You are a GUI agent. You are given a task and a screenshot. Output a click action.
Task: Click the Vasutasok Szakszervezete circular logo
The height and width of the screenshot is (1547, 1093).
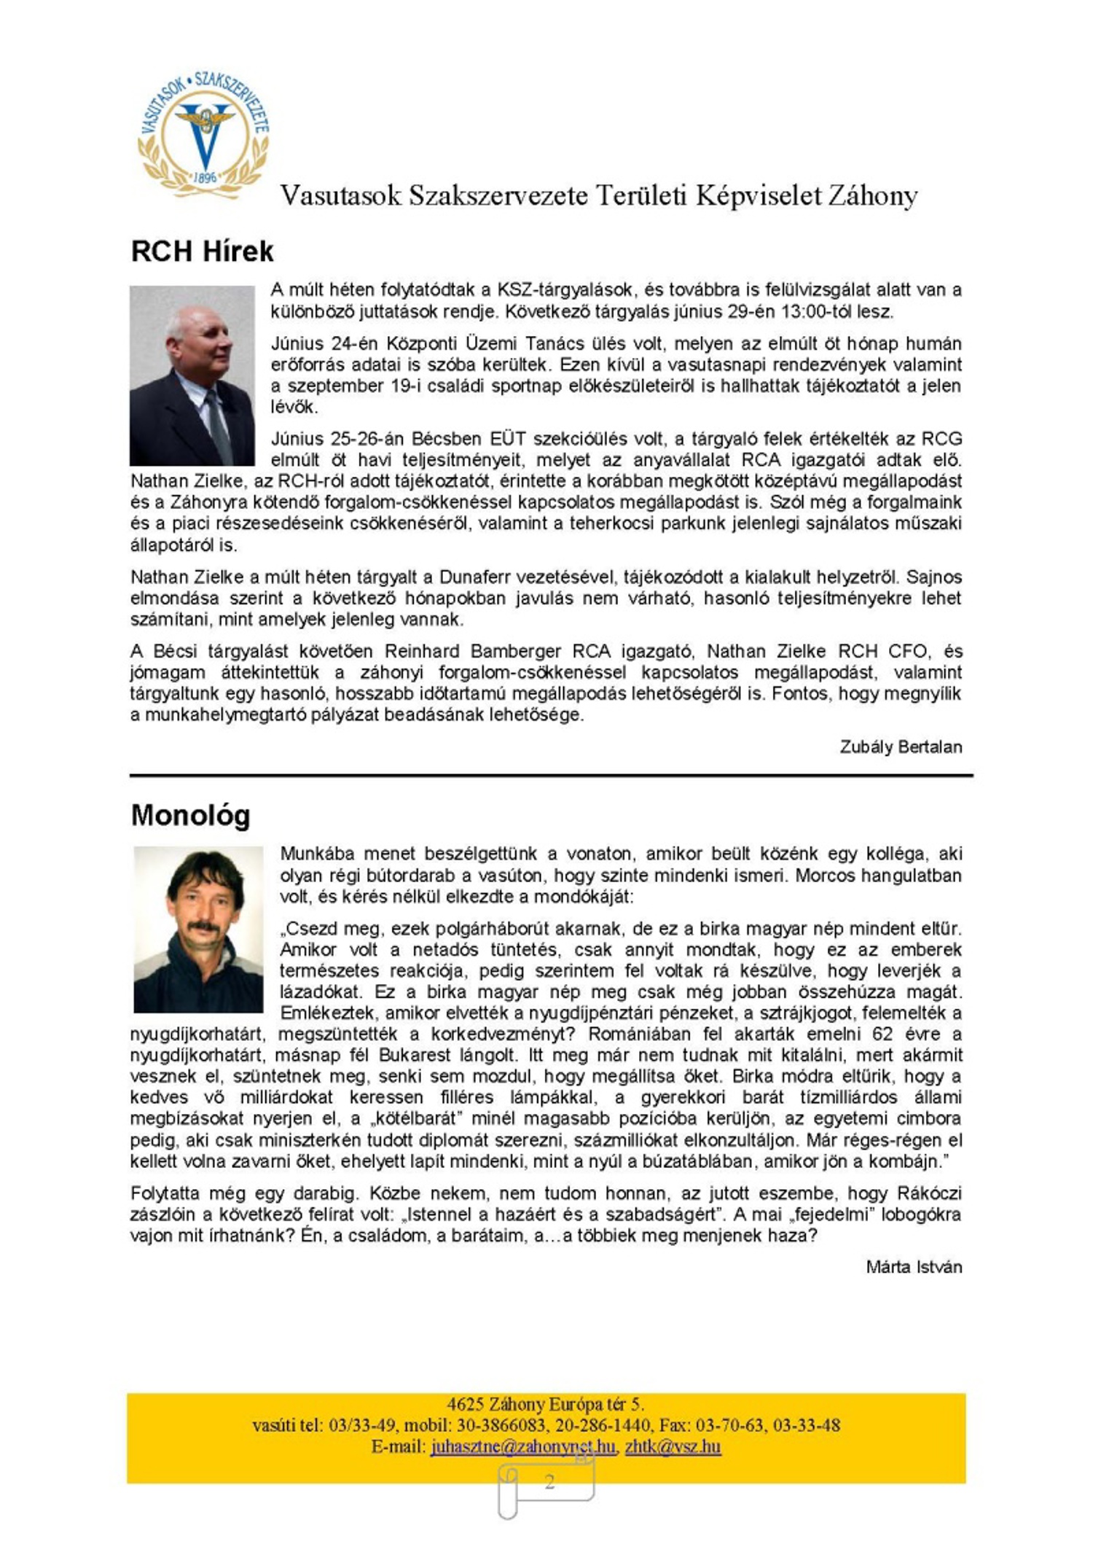pyautogui.click(x=203, y=134)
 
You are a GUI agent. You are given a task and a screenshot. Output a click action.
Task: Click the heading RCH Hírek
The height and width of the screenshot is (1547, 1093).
pyautogui.click(x=202, y=252)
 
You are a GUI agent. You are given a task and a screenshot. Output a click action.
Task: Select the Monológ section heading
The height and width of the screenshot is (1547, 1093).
pyautogui.click(x=190, y=815)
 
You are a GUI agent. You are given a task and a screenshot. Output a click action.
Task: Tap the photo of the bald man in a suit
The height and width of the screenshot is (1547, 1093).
pyautogui.click(x=192, y=375)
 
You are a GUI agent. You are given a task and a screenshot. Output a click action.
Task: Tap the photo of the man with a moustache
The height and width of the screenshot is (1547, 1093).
pyautogui.click(x=198, y=930)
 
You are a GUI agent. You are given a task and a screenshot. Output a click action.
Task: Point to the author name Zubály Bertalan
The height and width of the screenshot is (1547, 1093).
pyautogui.click(x=901, y=747)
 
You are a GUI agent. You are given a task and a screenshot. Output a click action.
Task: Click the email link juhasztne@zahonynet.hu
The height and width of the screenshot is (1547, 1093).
pyautogui.click(x=522, y=1446)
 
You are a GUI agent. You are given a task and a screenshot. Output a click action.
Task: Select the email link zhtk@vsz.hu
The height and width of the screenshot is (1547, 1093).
pyautogui.click(x=673, y=1446)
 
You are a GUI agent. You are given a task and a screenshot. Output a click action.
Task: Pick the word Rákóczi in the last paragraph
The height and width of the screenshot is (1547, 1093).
pyautogui.click(x=929, y=1193)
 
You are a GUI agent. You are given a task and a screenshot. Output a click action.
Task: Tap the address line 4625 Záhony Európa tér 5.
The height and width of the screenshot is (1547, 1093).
pyautogui.click(x=546, y=1404)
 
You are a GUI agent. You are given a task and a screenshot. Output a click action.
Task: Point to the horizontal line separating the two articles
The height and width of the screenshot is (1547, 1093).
pyautogui.click(x=551, y=776)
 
